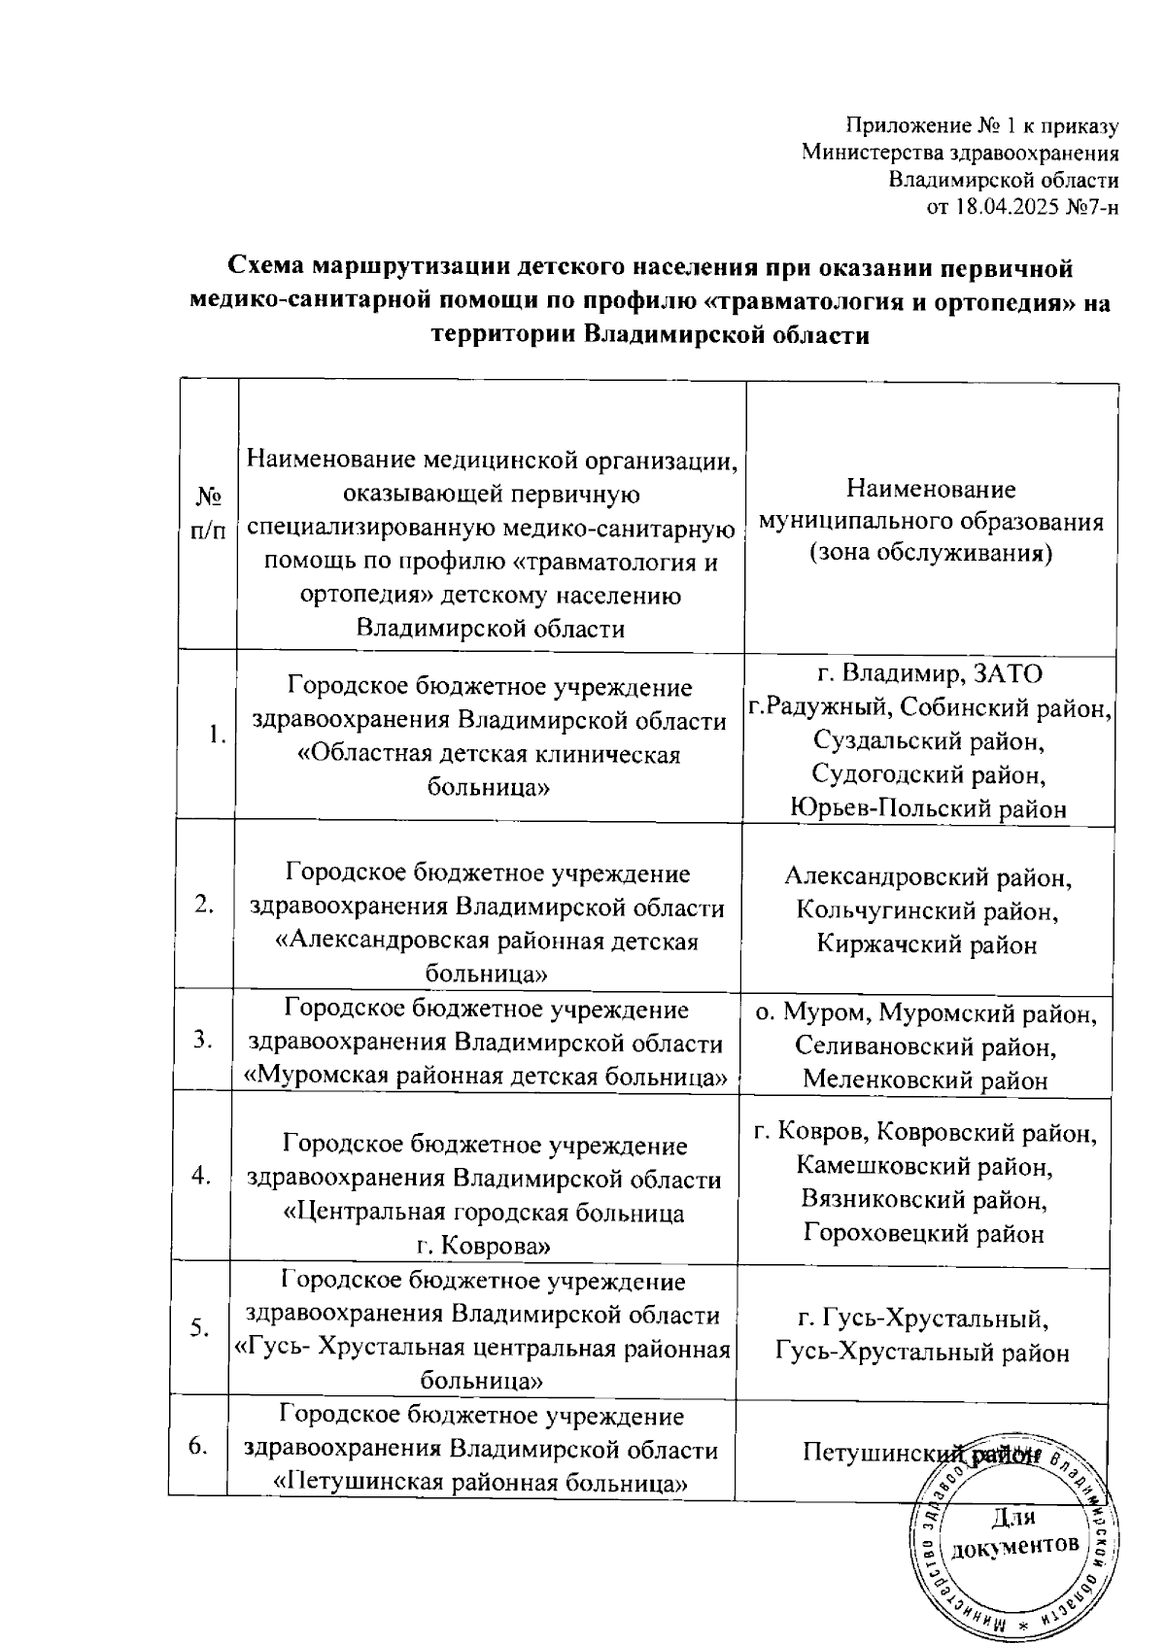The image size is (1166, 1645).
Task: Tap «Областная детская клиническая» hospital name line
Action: pos(488,755)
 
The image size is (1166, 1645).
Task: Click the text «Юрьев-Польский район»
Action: pos(929,808)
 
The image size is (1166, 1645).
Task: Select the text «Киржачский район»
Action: pos(927,944)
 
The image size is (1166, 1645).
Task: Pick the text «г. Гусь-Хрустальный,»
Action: pos(923,1319)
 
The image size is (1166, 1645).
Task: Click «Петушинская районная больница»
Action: pos(482,1483)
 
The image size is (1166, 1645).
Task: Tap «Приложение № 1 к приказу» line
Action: pos(982,126)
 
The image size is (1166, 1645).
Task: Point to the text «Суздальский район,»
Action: pos(929,741)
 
